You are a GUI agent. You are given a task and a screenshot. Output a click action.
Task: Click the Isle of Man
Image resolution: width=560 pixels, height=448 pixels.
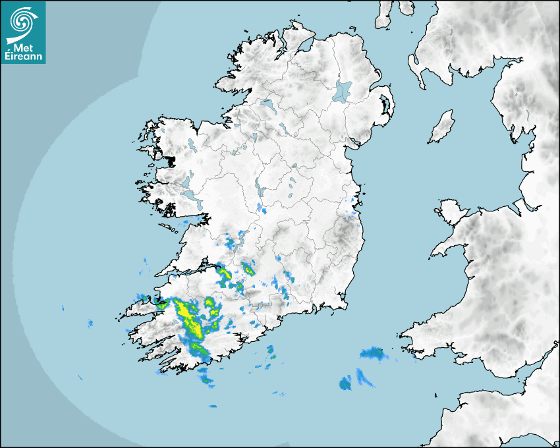coord(442,127)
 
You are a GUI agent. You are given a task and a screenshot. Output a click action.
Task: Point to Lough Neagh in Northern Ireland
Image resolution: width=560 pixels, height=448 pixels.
coord(343,90)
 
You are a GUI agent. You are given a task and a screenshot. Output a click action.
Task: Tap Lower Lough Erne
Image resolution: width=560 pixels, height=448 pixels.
coord(267,105)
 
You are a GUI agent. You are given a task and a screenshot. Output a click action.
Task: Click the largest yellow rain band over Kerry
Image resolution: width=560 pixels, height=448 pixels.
coord(187,316)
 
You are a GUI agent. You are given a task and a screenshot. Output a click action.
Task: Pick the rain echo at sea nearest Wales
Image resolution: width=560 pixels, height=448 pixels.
coord(373,354)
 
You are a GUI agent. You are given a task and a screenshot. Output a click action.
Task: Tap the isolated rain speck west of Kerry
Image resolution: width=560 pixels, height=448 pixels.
coord(90,323)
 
